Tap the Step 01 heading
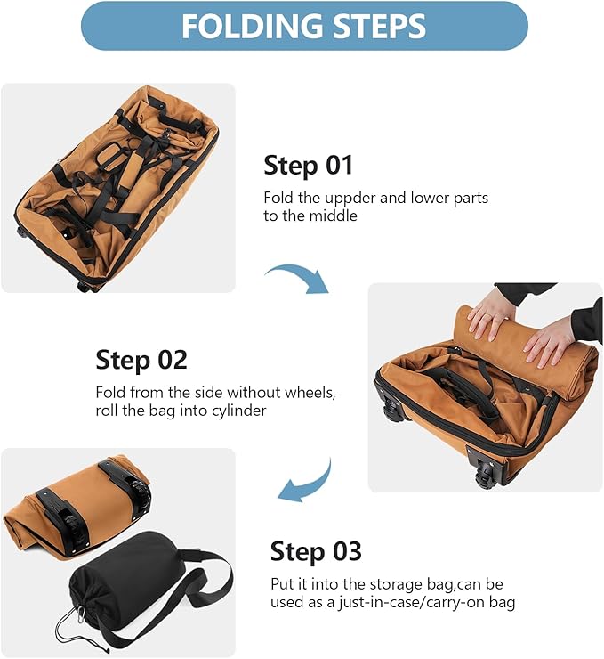click(308, 165)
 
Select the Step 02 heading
click(141, 360)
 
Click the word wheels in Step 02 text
click(314, 393)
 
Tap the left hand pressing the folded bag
click(490, 313)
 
